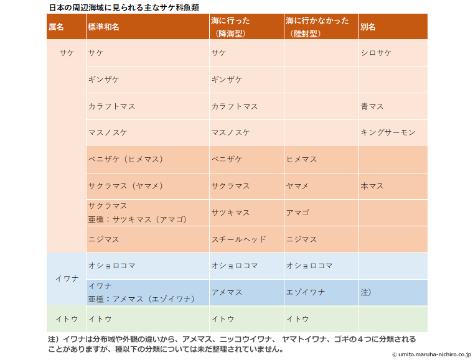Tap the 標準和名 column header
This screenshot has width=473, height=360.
[104, 27]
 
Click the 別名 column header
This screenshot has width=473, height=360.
[368, 27]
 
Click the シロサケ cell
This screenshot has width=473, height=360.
[377, 53]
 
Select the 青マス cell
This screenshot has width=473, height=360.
[372, 106]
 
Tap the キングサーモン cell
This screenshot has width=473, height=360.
[388, 132]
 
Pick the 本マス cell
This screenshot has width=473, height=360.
[372, 186]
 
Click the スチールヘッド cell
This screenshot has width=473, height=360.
[239, 239]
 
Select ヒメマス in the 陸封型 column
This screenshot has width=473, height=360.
[302, 159]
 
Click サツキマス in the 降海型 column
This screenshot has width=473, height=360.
[231, 213]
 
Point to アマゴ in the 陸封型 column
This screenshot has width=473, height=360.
[297, 213]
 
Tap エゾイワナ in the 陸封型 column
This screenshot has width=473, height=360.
[306, 292]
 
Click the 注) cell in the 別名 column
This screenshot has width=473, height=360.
[366, 292]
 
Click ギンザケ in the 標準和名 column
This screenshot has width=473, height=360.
[104, 80]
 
